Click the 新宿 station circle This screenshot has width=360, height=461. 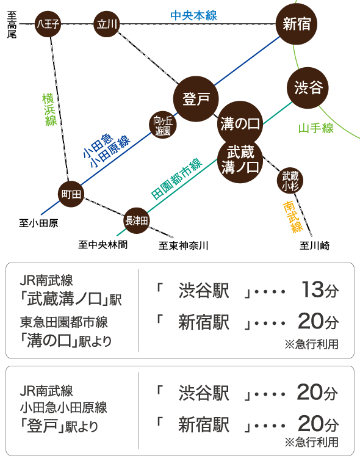(x=297, y=24)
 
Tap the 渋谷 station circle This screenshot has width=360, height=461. (x=308, y=87)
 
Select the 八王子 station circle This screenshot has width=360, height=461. (x=48, y=24)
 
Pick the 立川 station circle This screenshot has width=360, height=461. (x=107, y=24)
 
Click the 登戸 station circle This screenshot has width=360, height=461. (x=196, y=99)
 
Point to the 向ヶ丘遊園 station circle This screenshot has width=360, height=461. (x=163, y=125)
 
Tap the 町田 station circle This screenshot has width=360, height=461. (x=71, y=194)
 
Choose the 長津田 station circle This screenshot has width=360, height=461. (x=136, y=220)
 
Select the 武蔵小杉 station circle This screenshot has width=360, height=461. (x=290, y=181)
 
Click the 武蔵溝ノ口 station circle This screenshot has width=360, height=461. (x=240, y=161)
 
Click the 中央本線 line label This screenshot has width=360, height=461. (x=193, y=16)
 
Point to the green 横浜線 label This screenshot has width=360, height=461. (x=49, y=110)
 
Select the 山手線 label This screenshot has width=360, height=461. (x=316, y=128)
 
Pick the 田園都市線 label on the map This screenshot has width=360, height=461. (x=176, y=179)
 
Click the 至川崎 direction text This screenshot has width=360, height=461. (x=314, y=245)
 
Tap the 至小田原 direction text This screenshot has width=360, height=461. (x=38, y=223)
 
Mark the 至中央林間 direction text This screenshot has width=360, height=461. (x=103, y=245)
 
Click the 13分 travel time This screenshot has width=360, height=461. (x=320, y=290)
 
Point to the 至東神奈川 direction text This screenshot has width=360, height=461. (x=184, y=245)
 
